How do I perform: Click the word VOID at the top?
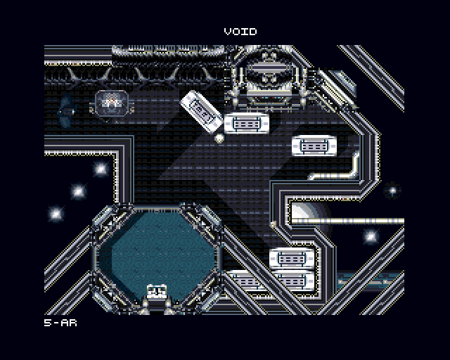240,32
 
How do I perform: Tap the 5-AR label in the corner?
60,323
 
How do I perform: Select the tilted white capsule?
202,111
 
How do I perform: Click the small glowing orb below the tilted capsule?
219,138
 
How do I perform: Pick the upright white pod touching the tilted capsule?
247,124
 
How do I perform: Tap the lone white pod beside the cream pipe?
314,146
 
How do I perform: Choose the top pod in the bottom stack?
292,258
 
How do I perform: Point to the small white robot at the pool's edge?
157,291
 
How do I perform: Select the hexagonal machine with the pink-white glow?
112,103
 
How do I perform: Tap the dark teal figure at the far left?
67,110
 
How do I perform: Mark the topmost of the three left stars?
101,169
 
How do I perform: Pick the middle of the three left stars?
78,191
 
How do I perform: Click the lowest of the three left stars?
56,214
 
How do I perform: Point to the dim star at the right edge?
392,190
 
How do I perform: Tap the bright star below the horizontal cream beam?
371,236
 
